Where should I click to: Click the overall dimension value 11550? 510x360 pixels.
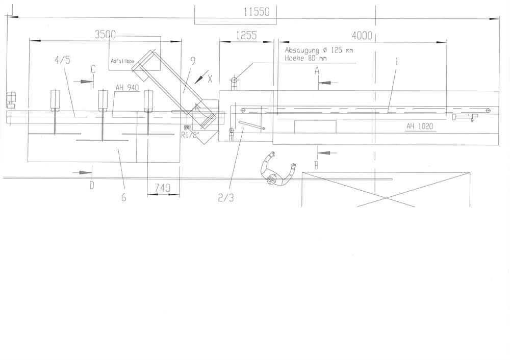[257, 12]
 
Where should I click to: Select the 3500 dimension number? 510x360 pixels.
[105, 35]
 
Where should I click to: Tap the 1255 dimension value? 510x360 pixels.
[246, 35]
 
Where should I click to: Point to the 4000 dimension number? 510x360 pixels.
[362, 35]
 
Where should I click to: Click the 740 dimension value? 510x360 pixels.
[162, 188]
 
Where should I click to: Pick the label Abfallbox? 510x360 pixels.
[122, 61]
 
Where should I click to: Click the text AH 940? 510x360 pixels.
[127, 88]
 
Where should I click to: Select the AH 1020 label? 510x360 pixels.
[420, 126]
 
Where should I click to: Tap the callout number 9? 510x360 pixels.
[193, 61]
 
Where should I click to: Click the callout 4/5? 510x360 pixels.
[62, 60]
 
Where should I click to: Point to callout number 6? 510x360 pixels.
[123, 197]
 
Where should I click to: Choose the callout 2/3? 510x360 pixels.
[226, 198]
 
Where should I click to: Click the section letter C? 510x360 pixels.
[93, 69]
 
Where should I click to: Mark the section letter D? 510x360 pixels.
[92, 186]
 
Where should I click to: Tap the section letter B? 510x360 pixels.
[316, 166]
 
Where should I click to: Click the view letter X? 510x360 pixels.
[210, 79]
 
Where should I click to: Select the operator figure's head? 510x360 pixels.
[272, 179]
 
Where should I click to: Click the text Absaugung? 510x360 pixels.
[302, 50]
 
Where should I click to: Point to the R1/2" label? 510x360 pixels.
[190, 135]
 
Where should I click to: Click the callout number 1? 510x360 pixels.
[396, 62]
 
